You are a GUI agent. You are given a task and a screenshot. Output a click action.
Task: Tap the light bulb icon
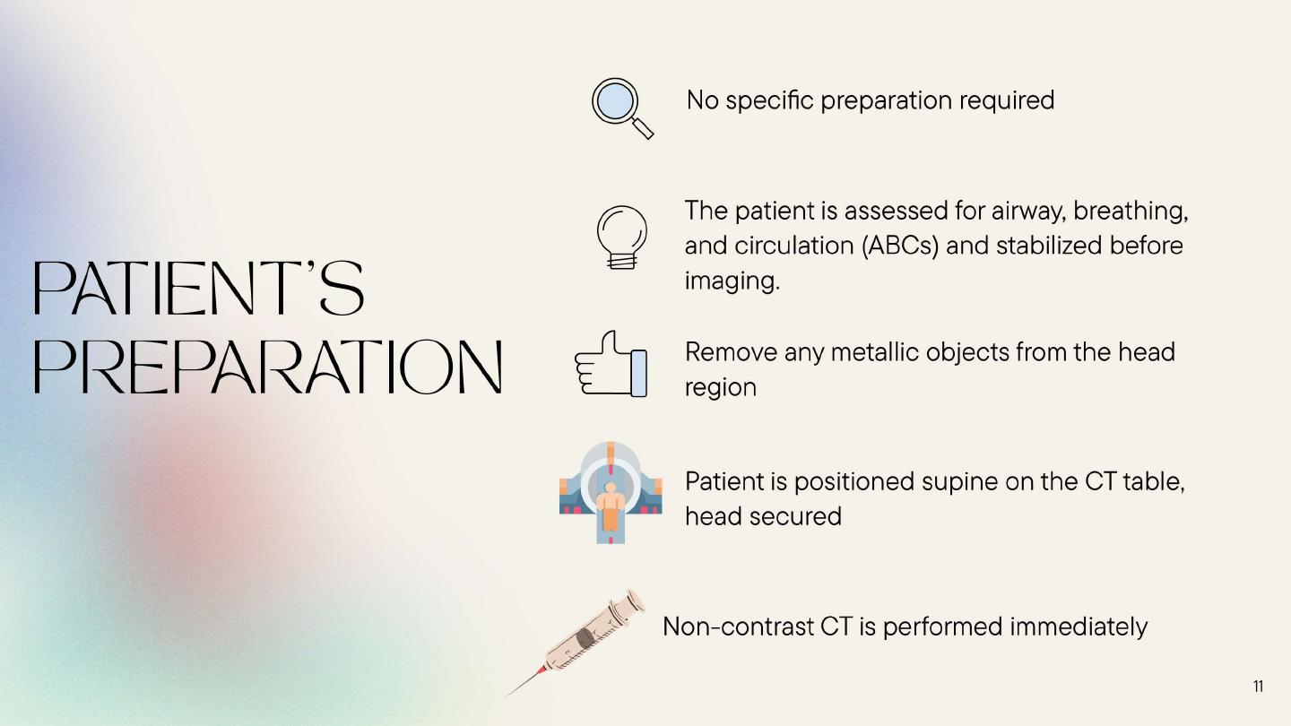[622, 237]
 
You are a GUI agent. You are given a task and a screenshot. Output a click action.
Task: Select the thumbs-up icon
[611, 364]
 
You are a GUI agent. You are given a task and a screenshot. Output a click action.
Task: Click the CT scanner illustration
[611, 493]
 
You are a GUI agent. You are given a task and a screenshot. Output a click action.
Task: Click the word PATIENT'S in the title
[199, 288]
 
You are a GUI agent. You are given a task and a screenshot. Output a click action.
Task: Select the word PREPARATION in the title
[268, 367]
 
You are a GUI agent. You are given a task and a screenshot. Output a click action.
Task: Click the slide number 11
[1258, 687]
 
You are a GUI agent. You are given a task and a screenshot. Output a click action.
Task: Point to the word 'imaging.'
[732, 281]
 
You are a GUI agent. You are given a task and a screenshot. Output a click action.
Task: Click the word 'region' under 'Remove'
[721, 388]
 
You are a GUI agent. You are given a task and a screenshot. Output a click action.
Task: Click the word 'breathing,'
[1131, 212]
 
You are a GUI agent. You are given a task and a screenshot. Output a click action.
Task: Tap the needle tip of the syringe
[506, 697]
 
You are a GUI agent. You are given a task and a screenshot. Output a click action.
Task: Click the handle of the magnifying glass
[643, 128]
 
